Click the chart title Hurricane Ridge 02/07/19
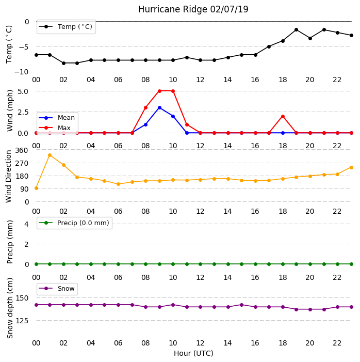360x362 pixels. (x=193, y=9)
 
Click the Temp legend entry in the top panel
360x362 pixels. (x=66, y=27)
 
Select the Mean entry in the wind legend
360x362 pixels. (x=57, y=118)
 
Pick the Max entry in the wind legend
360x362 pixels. (x=55, y=128)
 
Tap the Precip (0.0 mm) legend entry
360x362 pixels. (x=74, y=223)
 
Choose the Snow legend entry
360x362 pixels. (x=57, y=289)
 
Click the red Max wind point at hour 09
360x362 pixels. (x=159, y=91)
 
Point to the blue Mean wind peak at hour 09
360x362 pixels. (x=159, y=108)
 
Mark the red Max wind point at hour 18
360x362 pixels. (x=283, y=117)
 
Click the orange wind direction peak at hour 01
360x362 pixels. (x=50, y=155)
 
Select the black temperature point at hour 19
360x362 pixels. (x=297, y=30)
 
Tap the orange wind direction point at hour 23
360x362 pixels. (x=351, y=168)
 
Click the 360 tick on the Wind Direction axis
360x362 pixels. (x=22, y=150)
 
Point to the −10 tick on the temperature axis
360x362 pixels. (x=21, y=72)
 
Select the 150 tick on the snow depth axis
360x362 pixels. (x=22, y=298)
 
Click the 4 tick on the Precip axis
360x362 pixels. (x=27, y=224)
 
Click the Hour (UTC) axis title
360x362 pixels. (x=193, y=353)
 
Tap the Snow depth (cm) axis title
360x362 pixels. (x=10, y=308)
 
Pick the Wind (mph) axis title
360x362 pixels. (x=10, y=111)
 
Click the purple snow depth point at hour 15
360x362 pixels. (x=242, y=305)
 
